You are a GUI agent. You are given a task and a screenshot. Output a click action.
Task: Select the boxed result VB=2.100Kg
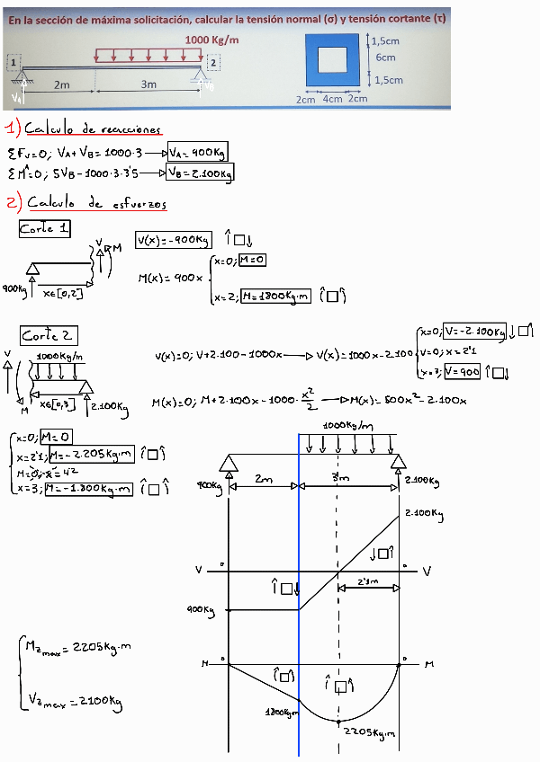point(201,173)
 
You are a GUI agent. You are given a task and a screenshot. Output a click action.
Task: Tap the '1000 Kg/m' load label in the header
point(212,40)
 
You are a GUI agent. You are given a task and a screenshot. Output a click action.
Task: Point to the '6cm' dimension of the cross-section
point(385,58)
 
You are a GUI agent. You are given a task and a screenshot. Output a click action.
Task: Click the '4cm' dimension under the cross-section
point(332,99)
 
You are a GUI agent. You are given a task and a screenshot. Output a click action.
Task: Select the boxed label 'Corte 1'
point(45,230)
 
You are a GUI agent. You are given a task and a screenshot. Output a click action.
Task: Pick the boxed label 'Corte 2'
point(49,336)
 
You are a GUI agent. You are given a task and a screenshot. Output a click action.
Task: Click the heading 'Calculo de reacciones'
point(94,128)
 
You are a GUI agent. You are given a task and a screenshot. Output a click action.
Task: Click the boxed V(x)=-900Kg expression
point(174,239)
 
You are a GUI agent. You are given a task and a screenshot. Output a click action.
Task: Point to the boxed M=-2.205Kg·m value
point(92,456)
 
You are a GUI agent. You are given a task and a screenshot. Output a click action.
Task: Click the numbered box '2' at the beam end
point(213,63)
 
